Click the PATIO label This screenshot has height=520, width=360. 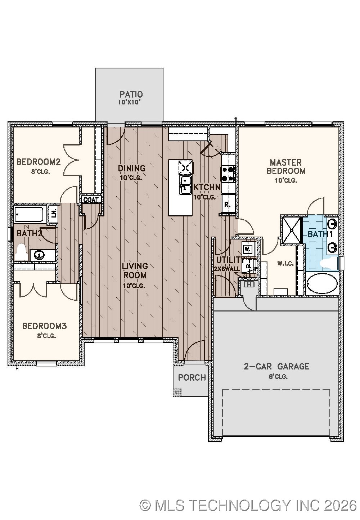pyautogui.click(x=131, y=94)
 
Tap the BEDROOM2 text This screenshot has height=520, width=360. pyautogui.click(x=38, y=162)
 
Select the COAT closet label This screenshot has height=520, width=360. pyautogui.click(x=91, y=200)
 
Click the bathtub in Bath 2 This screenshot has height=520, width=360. pyautogui.click(x=29, y=215)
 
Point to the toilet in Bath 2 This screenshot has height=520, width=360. pyautogui.click(x=22, y=252)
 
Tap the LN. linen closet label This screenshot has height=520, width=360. pyautogui.click(x=53, y=214)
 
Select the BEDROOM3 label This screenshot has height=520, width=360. pyautogui.click(x=44, y=326)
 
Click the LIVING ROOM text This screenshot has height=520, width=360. pyautogui.click(x=135, y=270)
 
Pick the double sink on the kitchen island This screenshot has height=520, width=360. pyautogui.click(x=185, y=184)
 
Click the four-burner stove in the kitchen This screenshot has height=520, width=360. pyautogui.click(x=228, y=174)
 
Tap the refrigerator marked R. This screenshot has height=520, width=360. pyautogui.click(x=228, y=205)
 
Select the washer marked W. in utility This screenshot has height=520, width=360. pyautogui.click(x=248, y=249)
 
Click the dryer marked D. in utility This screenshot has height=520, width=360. pyautogui.click(x=248, y=266)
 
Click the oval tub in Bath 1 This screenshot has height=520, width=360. pyautogui.click(x=322, y=284)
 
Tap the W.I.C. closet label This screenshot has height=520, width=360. pyautogui.click(x=285, y=264)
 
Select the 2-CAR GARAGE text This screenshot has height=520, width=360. pyautogui.click(x=276, y=367)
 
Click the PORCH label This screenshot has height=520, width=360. pyautogui.click(x=192, y=377)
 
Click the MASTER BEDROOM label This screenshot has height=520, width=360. pyautogui.click(x=286, y=167)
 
